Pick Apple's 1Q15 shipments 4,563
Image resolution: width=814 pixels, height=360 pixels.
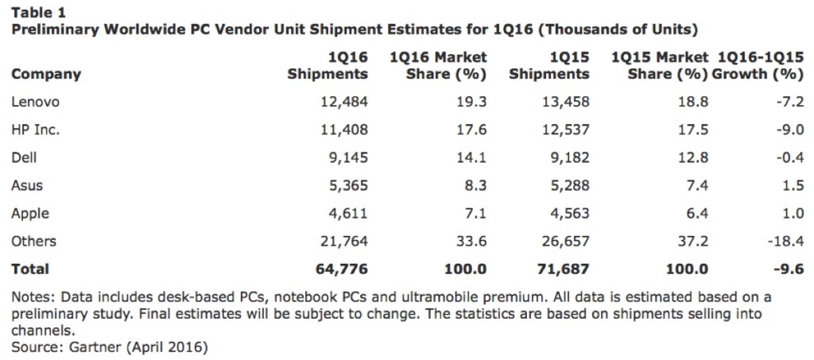click(x=565, y=213)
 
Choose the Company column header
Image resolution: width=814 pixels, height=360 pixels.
click(x=46, y=74)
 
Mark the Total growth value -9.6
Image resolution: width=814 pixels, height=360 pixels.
click(x=788, y=269)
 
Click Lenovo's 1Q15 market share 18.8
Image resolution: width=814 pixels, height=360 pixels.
click(x=692, y=102)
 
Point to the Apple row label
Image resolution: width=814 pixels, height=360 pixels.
click(x=31, y=213)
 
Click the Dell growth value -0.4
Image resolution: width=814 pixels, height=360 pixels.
click(x=788, y=157)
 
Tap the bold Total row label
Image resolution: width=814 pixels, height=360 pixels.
click(x=30, y=269)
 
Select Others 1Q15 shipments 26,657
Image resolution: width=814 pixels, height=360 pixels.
click(x=562, y=241)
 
